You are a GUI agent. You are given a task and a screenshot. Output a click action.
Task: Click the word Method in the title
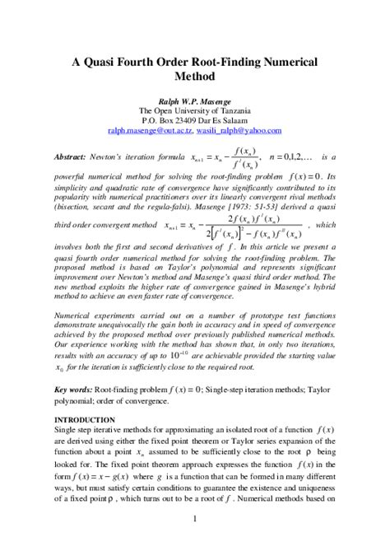point(195,77)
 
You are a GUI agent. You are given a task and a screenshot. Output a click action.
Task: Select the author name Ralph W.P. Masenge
point(195,100)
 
